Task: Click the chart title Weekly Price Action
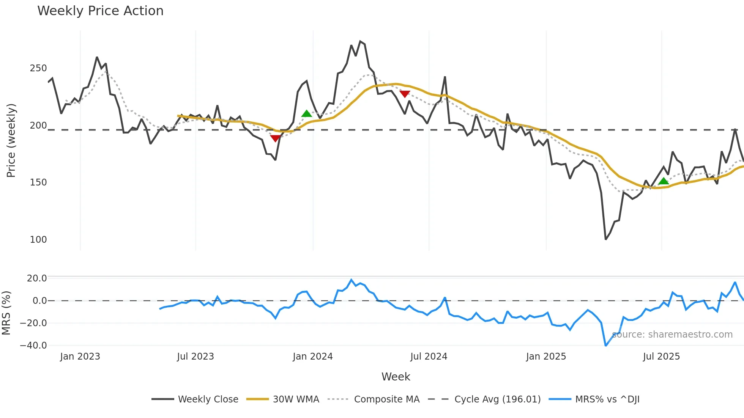[100, 11]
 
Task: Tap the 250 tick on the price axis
[38, 68]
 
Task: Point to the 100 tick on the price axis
[38, 240]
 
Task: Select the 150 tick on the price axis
[38, 182]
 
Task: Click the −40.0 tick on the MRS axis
[33, 346]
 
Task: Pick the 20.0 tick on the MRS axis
[37, 278]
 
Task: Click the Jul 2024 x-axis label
[429, 357]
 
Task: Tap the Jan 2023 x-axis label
[80, 357]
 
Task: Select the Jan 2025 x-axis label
[546, 357]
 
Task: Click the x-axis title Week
[396, 377]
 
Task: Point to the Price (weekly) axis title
[11, 140]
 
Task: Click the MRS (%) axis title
[6, 313]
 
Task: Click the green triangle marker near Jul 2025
[663, 181]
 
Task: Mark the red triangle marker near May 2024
[405, 94]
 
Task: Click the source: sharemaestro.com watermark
[672, 335]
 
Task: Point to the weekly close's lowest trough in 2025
[605, 239]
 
